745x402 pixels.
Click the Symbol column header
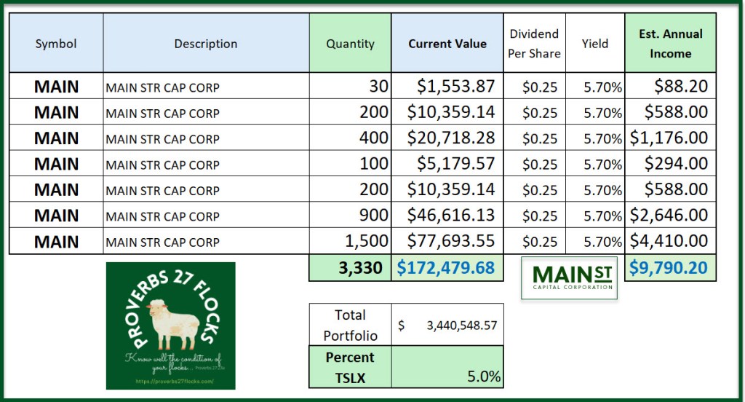[56, 44]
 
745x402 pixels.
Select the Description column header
[205, 44]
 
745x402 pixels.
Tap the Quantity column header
[350, 44]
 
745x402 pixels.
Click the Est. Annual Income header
[670, 44]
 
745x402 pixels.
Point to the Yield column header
[594, 44]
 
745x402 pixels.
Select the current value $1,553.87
[456, 87]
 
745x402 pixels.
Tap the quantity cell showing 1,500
[367, 242]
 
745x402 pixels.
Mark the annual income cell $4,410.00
[669, 242]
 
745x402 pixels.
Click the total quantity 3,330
[360, 268]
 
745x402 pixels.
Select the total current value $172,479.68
[446, 268]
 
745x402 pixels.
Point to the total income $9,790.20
[669, 268]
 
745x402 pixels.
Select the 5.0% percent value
[483, 377]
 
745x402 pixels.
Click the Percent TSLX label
[350, 367]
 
